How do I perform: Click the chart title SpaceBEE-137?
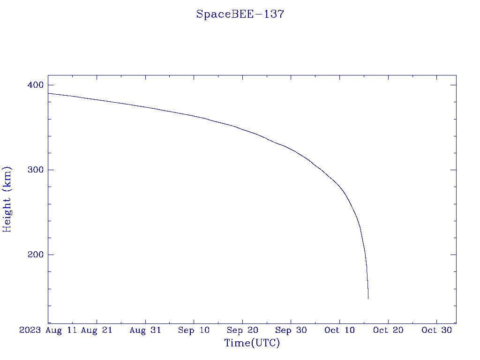click(240, 14)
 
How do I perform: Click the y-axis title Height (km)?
click(7, 199)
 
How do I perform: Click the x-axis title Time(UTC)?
click(252, 343)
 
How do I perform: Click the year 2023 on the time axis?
click(30, 330)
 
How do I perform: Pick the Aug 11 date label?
click(61, 330)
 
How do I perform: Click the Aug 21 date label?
click(97, 330)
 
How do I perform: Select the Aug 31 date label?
click(145, 330)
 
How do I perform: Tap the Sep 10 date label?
click(194, 330)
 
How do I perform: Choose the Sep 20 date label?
click(242, 330)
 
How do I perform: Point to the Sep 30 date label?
click(291, 330)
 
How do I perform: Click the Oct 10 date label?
click(339, 330)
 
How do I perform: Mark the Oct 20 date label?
click(388, 330)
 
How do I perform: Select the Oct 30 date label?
click(436, 330)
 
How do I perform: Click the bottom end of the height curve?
click(368, 298)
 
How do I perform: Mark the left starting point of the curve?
click(48, 93)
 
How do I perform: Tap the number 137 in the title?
click(274, 14)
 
